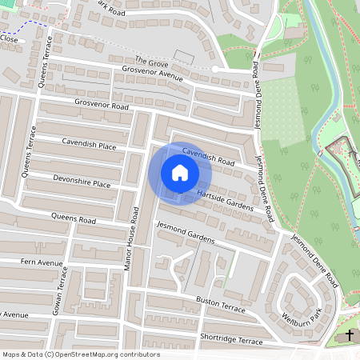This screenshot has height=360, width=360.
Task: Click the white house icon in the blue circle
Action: point(180,172)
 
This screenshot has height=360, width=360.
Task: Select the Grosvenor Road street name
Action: point(102,105)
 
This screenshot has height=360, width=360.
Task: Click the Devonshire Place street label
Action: point(82,182)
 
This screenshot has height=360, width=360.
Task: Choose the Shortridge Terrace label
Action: point(231,341)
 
